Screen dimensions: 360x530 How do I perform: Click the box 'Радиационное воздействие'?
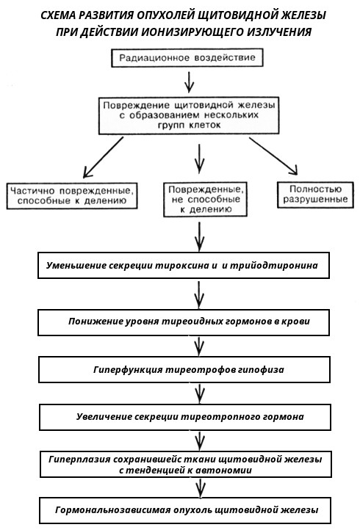coord(187,58)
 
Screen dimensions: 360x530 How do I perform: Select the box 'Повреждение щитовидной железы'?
coord(189,115)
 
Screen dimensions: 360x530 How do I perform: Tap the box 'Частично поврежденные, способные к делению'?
coord(72,196)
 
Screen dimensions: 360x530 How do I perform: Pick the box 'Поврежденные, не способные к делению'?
coord(206,199)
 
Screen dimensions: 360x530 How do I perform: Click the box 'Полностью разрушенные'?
coord(315,195)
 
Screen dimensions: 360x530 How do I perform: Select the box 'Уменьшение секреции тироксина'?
coord(184,265)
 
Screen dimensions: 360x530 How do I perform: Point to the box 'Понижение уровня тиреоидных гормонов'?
coord(184,322)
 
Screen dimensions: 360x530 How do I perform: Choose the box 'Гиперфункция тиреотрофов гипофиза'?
coord(184,369)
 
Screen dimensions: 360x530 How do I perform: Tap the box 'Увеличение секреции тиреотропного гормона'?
coord(185,417)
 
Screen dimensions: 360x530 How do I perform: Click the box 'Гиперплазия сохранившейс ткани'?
coord(185,464)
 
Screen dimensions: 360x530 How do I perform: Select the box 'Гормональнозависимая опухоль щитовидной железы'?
coord(185,510)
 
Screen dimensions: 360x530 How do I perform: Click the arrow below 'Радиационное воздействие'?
coord(189,81)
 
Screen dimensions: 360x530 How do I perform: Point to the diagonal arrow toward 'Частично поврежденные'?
coord(103,157)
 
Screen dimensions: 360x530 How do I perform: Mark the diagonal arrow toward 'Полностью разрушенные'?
coord(273,156)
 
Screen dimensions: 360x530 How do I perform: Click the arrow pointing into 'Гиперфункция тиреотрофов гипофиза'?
coord(199,346)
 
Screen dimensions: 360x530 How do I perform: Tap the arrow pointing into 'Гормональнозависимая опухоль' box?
coord(201,487)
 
